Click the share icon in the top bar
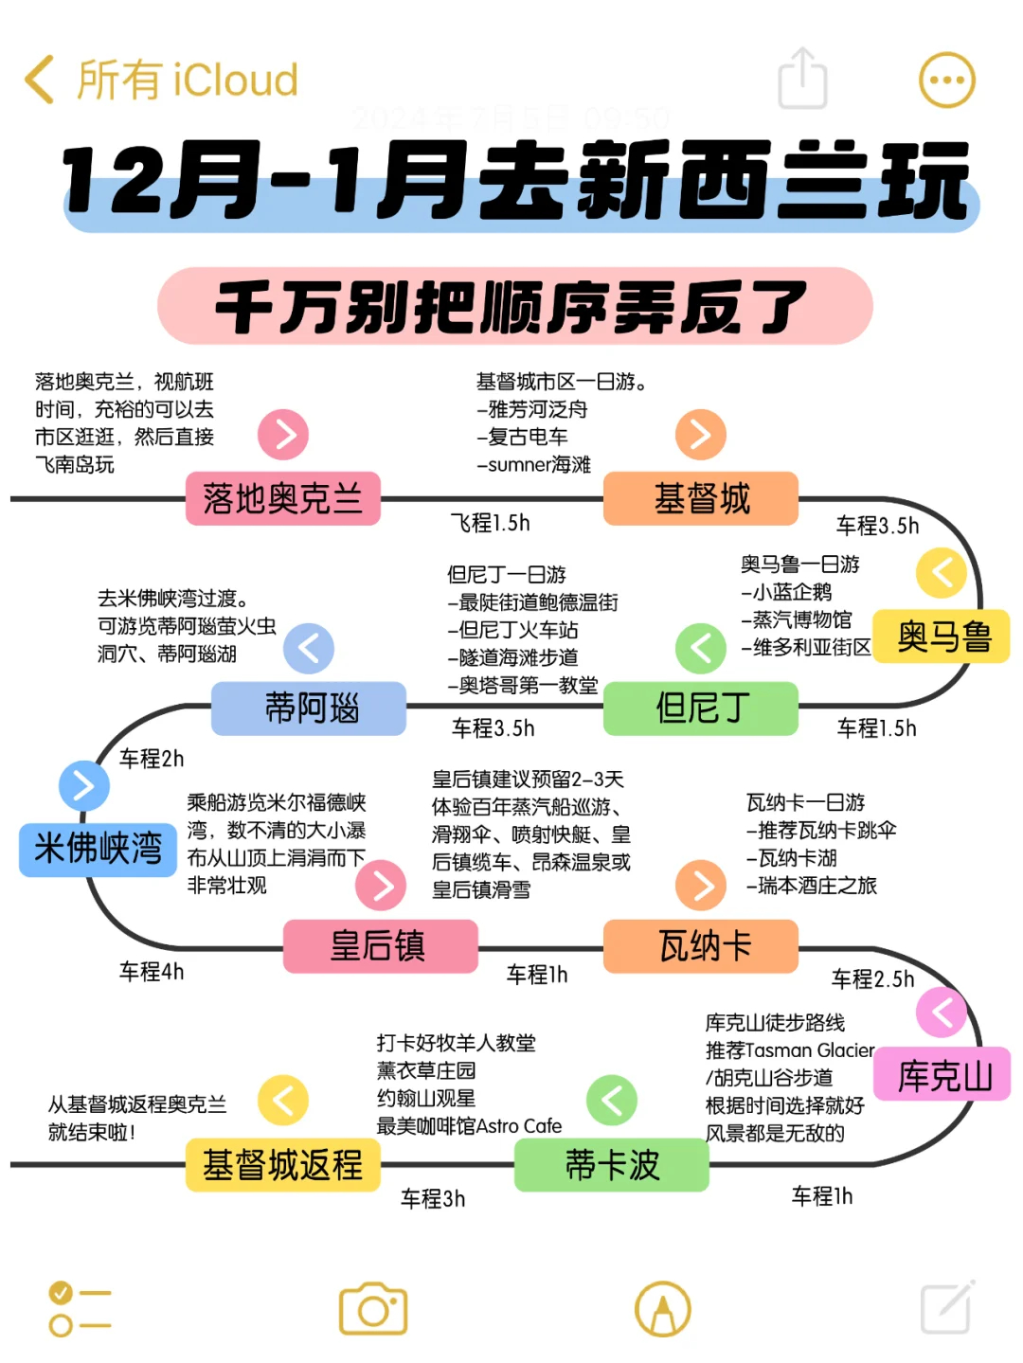(x=802, y=79)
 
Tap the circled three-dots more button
(x=946, y=81)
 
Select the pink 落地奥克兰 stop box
(x=283, y=498)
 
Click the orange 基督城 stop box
(x=701, y=498)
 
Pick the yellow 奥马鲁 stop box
(x=942, y=637)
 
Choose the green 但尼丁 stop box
(x=701, y=708)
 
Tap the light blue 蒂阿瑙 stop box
(x=309, y=708)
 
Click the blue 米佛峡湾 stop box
(x=98, y=849)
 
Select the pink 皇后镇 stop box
(x=380, y=945)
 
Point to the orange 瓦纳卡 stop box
(x=701, y=945)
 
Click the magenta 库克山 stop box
(x=942, y=1076)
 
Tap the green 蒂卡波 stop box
(x=612, y=1164)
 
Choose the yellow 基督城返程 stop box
(x=283, y=1164)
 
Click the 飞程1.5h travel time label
(x=490, y=523)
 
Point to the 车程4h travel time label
(x=152, y=972)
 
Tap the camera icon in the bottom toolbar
(x=373, y=1310)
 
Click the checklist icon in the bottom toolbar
(x=80, y=1309)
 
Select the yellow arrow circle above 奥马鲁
(x=942, y=572)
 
